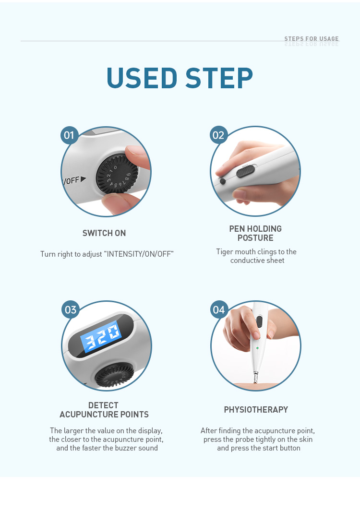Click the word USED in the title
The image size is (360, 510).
pyautogui.click(x=142, y=78)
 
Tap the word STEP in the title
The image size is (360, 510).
pyautogui.click(x=219, y=78)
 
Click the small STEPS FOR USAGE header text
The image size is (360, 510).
pyautogui.click(x=312, y=39)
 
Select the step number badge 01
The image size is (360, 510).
pyautogui.click(x=69, y=135)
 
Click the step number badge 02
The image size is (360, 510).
pyautogui.click(x=218, y=135)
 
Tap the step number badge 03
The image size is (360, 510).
pyautogui.click(x=70, y=309)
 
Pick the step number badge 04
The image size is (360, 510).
pyautogui.click(x=219, y=309)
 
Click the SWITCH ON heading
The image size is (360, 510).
pyautogui.click(x=104, y=233)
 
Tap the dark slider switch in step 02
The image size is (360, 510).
pyautogui.click(x=246, y=171)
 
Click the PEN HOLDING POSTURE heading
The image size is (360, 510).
pyautogui.click(x=255, y=233)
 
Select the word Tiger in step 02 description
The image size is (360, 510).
pyautogui.click(x=225, y=252)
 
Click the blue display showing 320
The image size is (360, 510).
pyautogui.click(x=101, y=336)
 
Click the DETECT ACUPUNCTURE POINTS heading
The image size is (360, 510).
pyautogui.click(x=104, y=410)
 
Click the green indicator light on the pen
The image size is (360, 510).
pyautogui.click(x=257, y=348)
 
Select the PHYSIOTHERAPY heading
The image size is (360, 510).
pyautogui.click(x=256, y=410)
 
